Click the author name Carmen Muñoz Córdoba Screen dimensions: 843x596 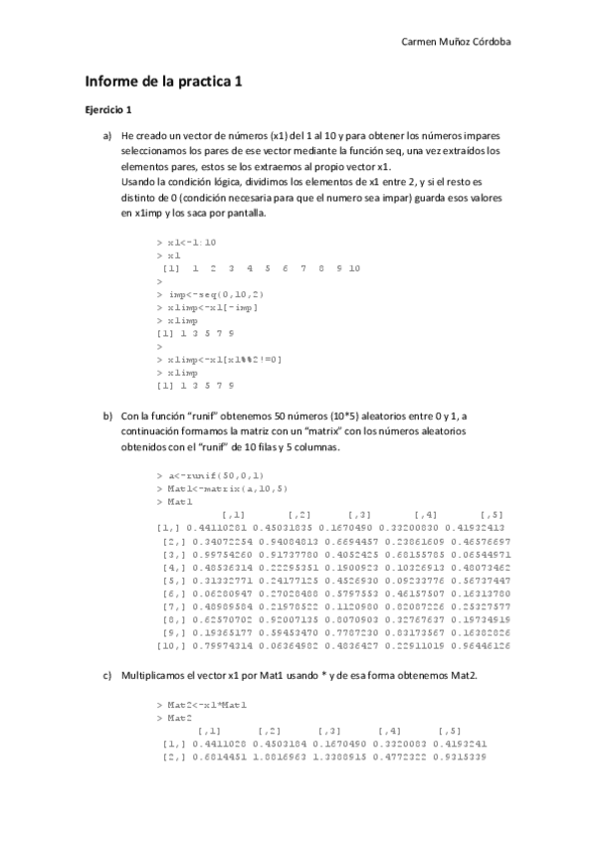[x=462, y=43]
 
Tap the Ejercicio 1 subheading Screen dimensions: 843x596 [x=108, y=108]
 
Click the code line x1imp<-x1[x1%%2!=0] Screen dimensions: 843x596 [x=225, y=359]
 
